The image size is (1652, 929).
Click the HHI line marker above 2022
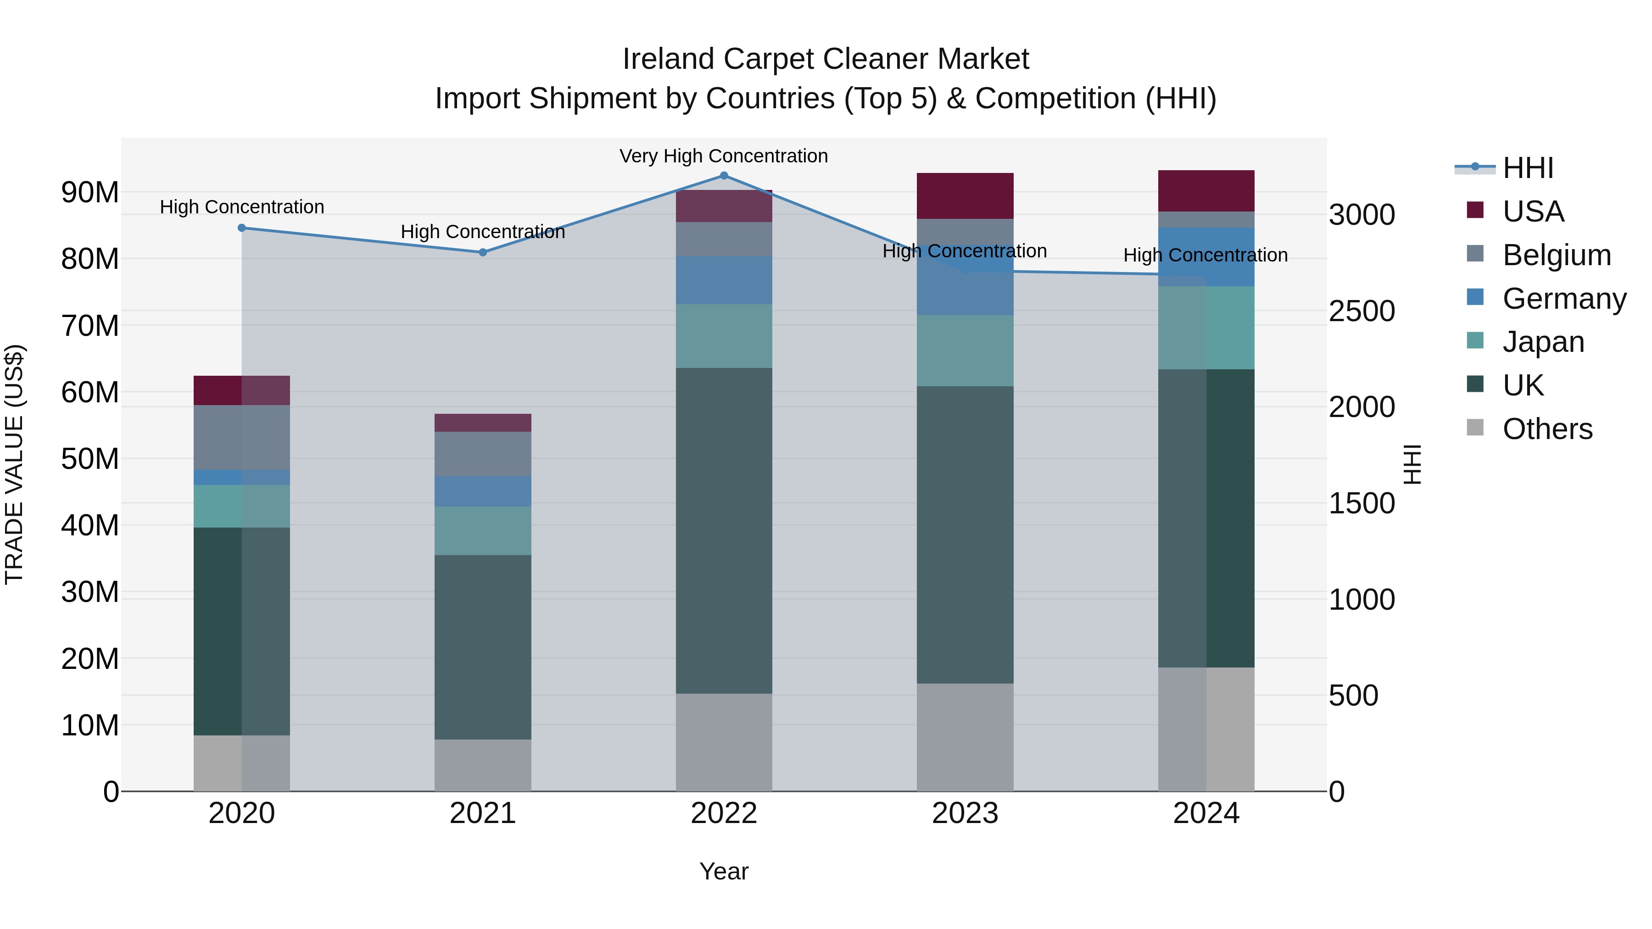(724, 176)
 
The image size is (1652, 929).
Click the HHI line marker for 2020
(242, 228)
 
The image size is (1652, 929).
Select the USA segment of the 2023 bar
(965, 195)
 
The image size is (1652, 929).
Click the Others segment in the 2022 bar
(724, 742)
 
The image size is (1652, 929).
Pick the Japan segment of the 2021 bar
(483, 530)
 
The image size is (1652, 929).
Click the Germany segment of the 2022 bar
(724, 280)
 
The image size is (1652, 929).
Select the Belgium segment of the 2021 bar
(483, 454)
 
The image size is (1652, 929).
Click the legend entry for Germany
(1563, 299)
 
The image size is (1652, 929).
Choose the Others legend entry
(1547, 429)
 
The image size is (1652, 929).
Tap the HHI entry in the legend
(1528, 168)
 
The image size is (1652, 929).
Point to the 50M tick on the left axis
(90, 459)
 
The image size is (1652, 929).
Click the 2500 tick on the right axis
(1362, 311)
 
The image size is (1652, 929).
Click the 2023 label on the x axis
(965, 813)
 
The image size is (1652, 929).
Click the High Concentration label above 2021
(483, 232)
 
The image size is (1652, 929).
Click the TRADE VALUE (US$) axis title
(14, 464)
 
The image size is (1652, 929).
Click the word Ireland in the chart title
(669, 59)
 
